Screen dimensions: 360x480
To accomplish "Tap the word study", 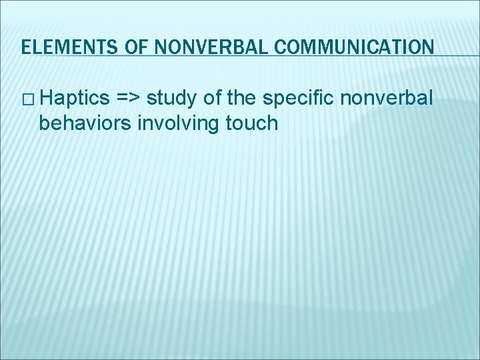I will pos(171,99).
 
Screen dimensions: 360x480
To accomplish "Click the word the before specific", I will pos(243,99).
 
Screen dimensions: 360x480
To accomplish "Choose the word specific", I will pos(300,99).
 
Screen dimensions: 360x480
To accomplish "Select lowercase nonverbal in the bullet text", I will pos(387,99).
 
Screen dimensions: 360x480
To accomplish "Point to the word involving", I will pos(173,123).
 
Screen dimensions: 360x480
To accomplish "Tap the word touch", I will pos(251,123).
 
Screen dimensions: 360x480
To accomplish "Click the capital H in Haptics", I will pos(45,99).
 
